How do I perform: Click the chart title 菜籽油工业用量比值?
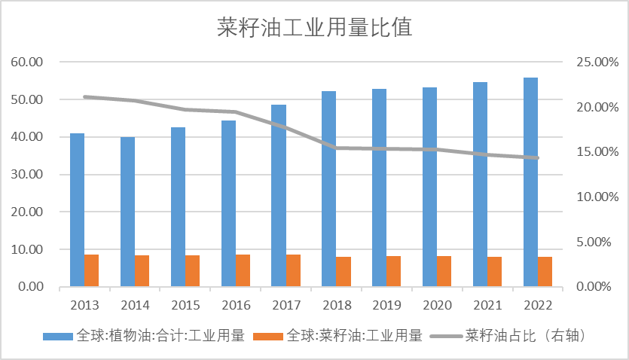pyautogui.click(x=315, y=27)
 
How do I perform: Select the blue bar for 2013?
pyautogui.click(x=78, y=209)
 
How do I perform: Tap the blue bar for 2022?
pyautogui.click(x=531, y=182)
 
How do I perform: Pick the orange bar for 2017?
pyautogui.click(x=293, y=270)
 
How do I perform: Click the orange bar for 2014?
pyautogui.click(x=142, y=270)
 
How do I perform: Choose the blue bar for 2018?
pyautogui.click(x=329, y=189)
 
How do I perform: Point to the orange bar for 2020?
pyautogui.click(x=444, y=271)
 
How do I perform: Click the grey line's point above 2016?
pyautogui.click(x=236, y=112)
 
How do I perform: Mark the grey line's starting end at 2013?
pyautogui.click(x=84, y=97)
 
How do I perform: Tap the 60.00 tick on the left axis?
pyautogui.click(x=27, y=62)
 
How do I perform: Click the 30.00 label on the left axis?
pyautogui.click(x=27, y=175)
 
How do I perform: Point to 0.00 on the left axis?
pyautogui.click(x=30, y=287)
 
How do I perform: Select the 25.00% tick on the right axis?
pyautogui.click(x=597, y=62)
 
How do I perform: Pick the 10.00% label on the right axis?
pyautogui.click(x=597, y=197)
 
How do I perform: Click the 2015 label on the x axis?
pyautogui.click(x=185, y=306)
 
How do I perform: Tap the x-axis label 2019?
pyautogui.click(x=386, y=306)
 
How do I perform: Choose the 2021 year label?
pyautogui.click(x=487, y=306)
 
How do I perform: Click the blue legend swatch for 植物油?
pyautogui.click(x=58, y=337)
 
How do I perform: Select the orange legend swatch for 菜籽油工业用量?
pyautogui.click(x=268, y=337)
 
